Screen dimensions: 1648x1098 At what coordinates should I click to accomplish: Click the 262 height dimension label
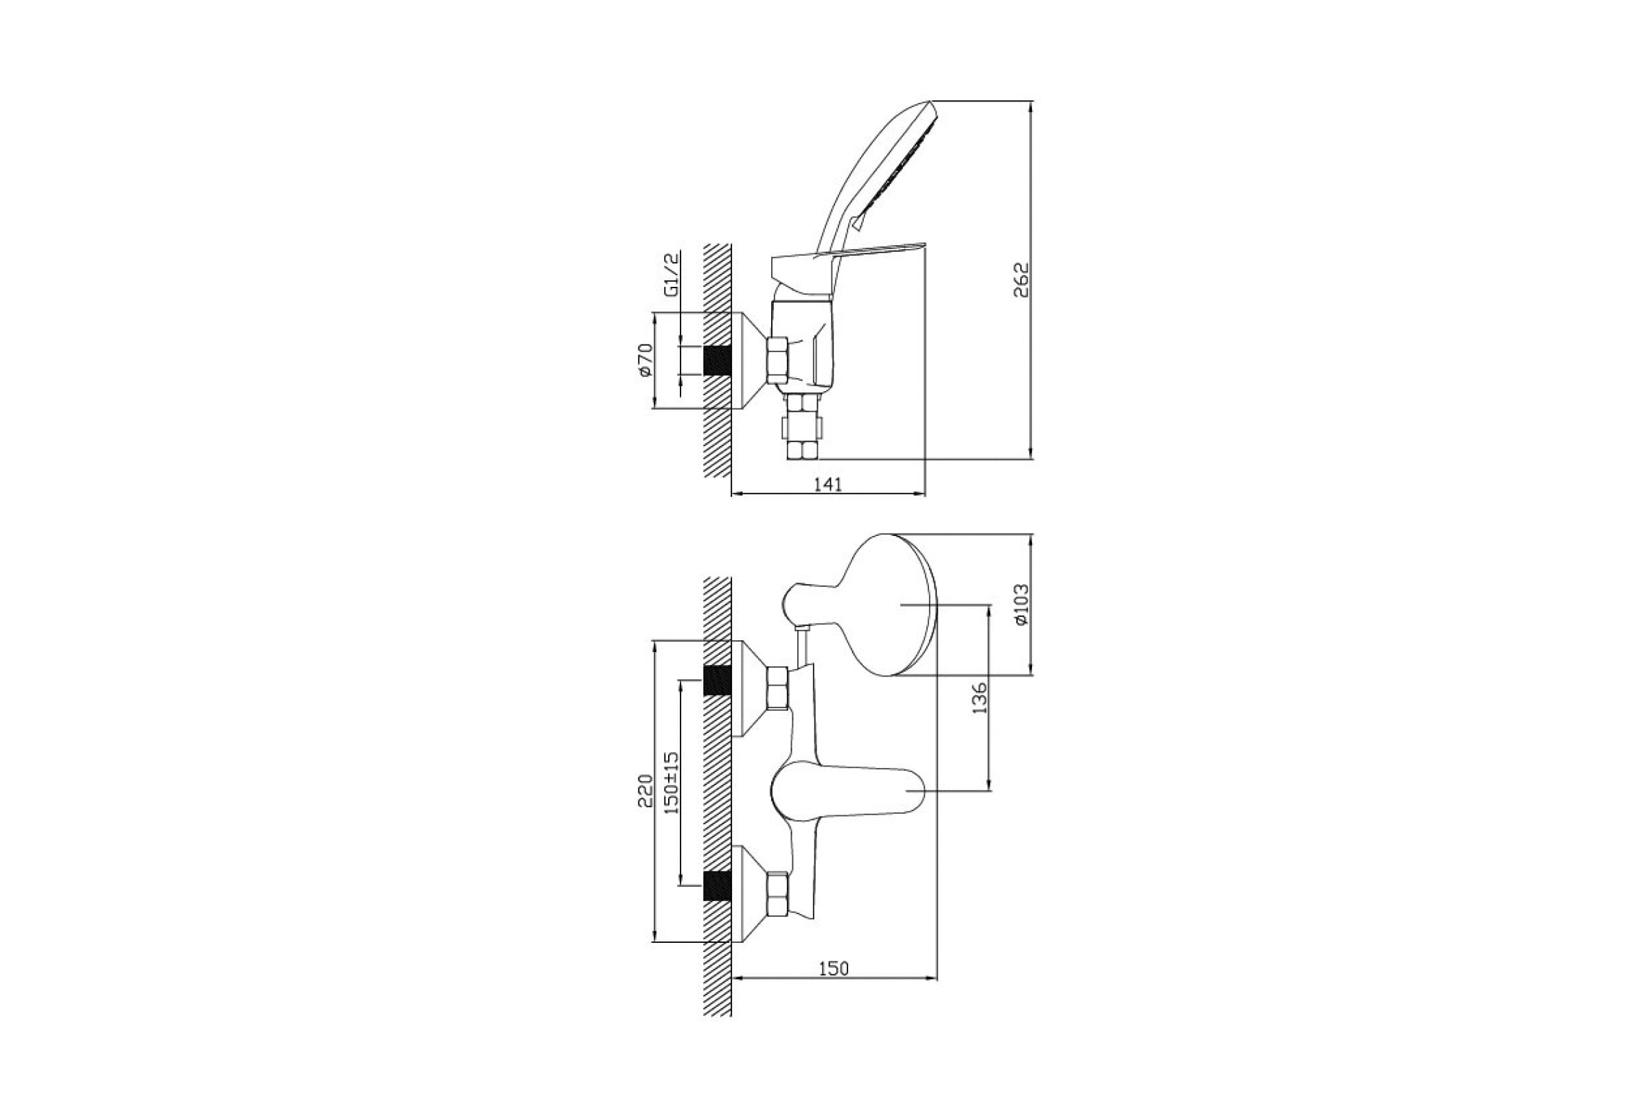pos(1022,279)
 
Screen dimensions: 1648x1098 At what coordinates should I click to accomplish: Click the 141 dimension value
pos(827,484)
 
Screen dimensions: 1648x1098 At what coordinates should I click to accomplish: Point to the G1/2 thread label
pos(672,275)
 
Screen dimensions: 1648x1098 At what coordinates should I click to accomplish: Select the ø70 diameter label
pos(645,361)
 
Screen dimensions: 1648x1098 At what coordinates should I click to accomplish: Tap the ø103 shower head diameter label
pos(1022,605)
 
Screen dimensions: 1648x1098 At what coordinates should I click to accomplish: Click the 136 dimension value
pos(980,697)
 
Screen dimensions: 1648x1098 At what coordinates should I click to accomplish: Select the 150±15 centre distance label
pos(672,782)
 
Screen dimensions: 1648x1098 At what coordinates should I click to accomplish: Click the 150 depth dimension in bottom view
pos(834,968)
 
